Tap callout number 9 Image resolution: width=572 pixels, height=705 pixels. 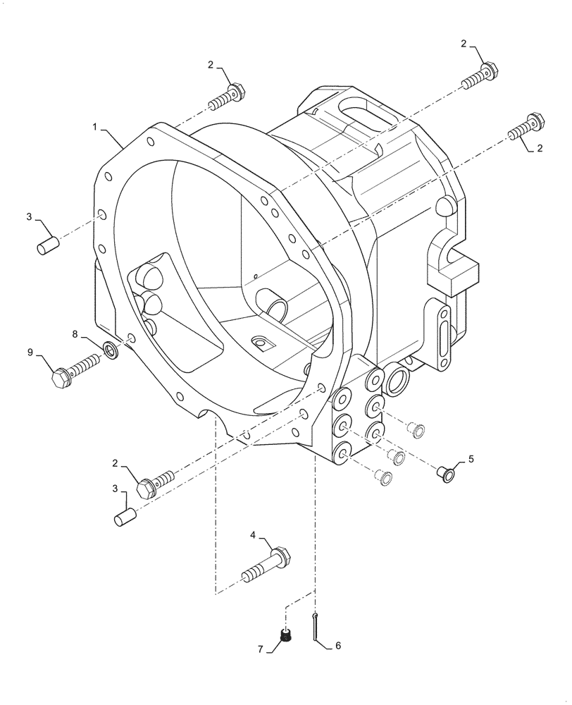point(31,352)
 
